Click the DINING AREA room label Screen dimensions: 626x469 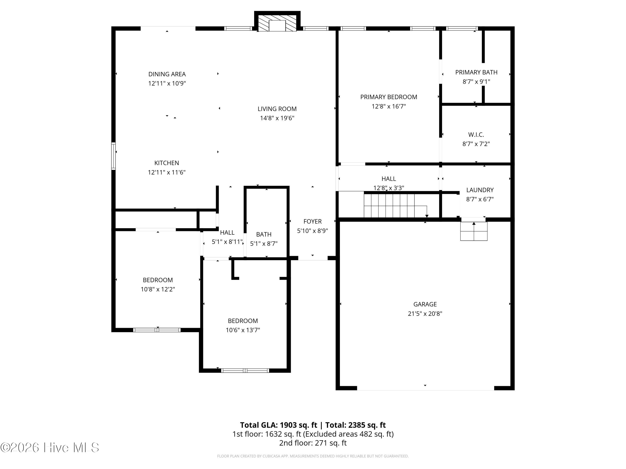click(167, 74)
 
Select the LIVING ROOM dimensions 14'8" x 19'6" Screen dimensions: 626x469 click(277, 118)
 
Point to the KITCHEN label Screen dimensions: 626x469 click(167, 163)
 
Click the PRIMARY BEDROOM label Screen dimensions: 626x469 click(389, 97)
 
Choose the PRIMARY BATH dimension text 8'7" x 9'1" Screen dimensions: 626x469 click(476, 82)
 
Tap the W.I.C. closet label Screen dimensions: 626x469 click(476, 135)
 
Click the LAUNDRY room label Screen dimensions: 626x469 click(480, 190)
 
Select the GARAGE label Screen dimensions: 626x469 click(425, 304)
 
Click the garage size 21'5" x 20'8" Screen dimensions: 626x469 click(425, 314)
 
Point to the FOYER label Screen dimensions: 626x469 click(312, 221)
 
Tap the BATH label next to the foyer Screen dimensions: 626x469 click(264, 234)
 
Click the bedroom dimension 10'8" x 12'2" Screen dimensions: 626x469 click(158, 289)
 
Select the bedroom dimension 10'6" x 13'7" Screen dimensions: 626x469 click(243, 330)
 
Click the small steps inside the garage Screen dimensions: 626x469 click(474, 231)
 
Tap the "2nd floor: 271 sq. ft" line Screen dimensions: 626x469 click(313, 443)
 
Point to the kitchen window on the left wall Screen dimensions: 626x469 click(114, 156)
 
